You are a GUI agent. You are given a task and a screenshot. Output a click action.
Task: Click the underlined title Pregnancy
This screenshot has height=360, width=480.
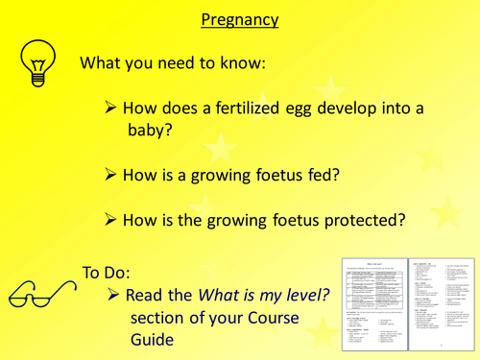coord(239,18)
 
